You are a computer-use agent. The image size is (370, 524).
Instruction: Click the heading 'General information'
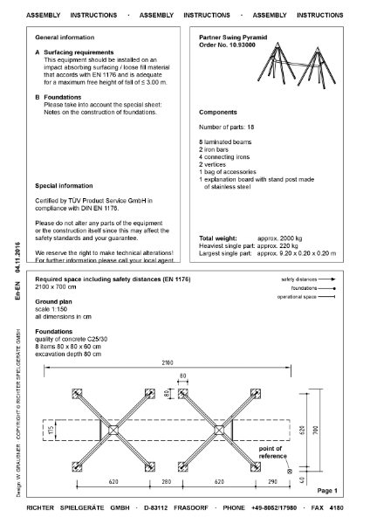(x=64, y=38)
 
